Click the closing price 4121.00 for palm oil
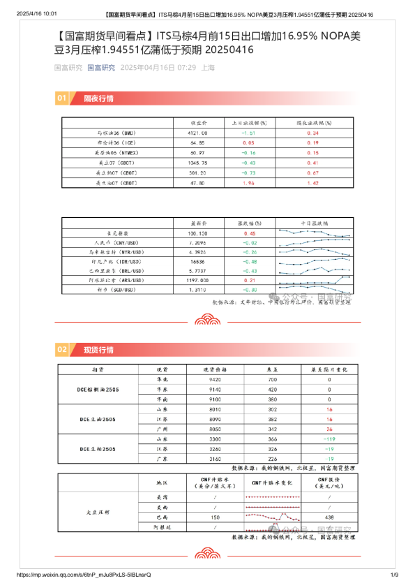pyautogui.click(x=197, y=132)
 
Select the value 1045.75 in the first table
pyautogui.click(x=197, y=162)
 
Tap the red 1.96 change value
pyautogui.click(x=249, y=182)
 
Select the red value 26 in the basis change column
pyautogui.click(x=329, y=428)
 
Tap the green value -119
pyautogui.click(x=329, y=439)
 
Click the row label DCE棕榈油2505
pyautogui.click(x=98, y=389)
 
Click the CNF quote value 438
pyautogui.click(x=329, y=517)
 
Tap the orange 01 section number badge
pyautogui.click(x=62, y=98)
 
